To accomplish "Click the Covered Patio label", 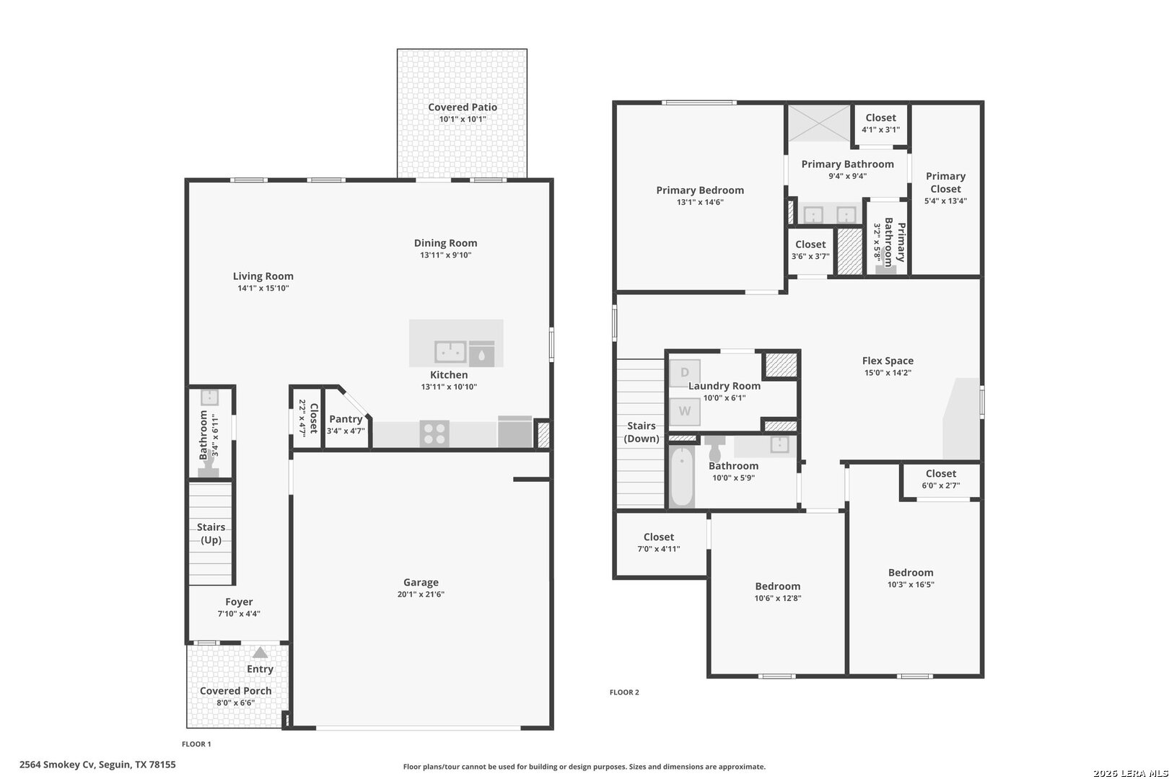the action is (463, 107).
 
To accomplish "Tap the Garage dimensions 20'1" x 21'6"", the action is (421, 594).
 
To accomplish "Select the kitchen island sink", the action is (450, 352).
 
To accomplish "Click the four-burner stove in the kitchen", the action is (434, 434).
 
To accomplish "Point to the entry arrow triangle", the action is (260, 653).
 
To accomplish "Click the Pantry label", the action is (346, 419).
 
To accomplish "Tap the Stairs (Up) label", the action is (211, 533).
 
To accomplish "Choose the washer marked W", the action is (685, 411).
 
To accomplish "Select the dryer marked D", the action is (685, 372).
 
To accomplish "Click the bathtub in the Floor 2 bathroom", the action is (681, 476).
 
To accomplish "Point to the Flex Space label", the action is (888, 361).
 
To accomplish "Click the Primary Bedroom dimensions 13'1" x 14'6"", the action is (700, 203).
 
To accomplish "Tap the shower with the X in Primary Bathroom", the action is (819, 123).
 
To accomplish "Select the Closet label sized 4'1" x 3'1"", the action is (880, 118).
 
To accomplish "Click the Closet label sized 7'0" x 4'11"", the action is (659, 537).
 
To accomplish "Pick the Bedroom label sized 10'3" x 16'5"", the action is (911, 573).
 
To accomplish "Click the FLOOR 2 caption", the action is (624, 692).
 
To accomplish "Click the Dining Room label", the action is (445, 243).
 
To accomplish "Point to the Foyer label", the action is (239, 602).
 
